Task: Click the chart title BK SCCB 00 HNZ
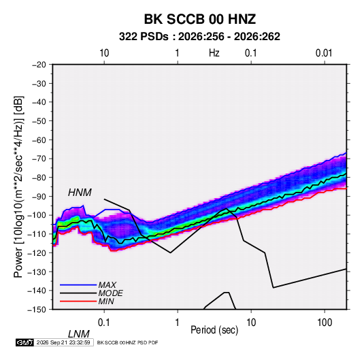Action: tap(200, 19)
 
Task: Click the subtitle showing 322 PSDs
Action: tap(199, 37)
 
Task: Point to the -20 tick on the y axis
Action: tap(39, 65)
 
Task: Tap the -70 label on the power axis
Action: tap(39, 159)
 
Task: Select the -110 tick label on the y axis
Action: tap(37, 234)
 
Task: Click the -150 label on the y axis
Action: tap(37, 310)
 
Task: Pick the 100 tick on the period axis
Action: tap(325, 323)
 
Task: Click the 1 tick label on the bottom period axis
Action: tap(178, 323)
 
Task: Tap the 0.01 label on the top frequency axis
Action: tap(324, 53)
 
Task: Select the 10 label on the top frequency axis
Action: tap(104, 53)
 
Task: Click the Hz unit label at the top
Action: tap(214, 53)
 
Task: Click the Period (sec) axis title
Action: tap(214, 330)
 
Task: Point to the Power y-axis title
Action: tap(18, 187)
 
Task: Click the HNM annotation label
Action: tap(80, 193)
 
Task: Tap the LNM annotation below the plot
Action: tap(79, 334)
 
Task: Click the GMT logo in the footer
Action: tap(24, 342)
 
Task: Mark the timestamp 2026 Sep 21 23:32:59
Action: tap(63, 342)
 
